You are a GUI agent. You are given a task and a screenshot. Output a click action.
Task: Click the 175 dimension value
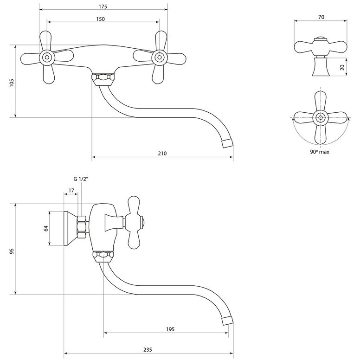103,6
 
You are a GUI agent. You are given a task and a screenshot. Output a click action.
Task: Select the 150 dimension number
100,19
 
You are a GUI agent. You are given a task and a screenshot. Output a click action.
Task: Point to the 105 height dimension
12,83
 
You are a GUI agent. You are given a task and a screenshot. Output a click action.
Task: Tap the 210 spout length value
162,153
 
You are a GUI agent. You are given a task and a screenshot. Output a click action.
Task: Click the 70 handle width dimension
321,17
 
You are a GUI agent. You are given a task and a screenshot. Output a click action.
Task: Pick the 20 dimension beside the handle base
342,67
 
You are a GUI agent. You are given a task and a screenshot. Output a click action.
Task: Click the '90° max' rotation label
320,152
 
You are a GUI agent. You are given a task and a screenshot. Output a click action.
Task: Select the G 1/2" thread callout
81,179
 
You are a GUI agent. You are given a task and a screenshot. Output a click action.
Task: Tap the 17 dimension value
71,191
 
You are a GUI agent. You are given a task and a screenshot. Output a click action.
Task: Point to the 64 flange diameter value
46,228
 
